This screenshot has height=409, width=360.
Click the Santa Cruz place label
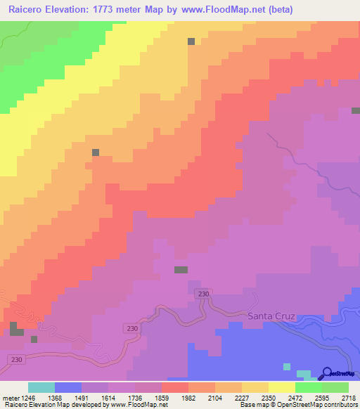pyautogui.click(x=271, y=316)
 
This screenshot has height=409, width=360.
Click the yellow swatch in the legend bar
pyautogui.click(x=281, y=387)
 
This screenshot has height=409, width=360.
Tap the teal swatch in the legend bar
pyautogui.click(x=41, y=387)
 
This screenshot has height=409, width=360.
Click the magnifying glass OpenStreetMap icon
pyautogui.click(x=328, y=373)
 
